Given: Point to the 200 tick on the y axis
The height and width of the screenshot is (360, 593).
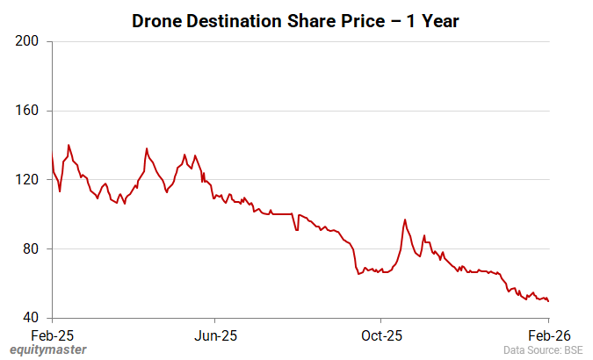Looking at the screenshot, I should [x=27, y=41].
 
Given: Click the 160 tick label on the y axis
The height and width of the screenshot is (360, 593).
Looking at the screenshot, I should [x=27, y=111].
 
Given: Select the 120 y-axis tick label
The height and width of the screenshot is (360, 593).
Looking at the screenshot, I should [x=27, y=180].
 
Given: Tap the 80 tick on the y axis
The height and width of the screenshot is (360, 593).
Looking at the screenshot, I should [x=31, y=249].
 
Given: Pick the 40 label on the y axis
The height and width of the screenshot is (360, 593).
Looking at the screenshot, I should [x=31, y=318].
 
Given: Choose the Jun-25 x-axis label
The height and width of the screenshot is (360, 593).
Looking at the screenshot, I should [x=216, y=335].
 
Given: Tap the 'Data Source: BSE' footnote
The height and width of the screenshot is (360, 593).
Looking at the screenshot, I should [x=543, y=350].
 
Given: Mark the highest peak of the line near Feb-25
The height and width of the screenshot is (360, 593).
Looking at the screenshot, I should [x=69, y=145].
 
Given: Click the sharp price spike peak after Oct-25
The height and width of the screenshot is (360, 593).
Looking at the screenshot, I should [x=405, y=220].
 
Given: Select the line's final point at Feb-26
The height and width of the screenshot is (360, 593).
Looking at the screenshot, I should [x=548, y=301].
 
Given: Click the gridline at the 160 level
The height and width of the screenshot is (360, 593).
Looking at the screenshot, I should [x=299, y=111].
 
